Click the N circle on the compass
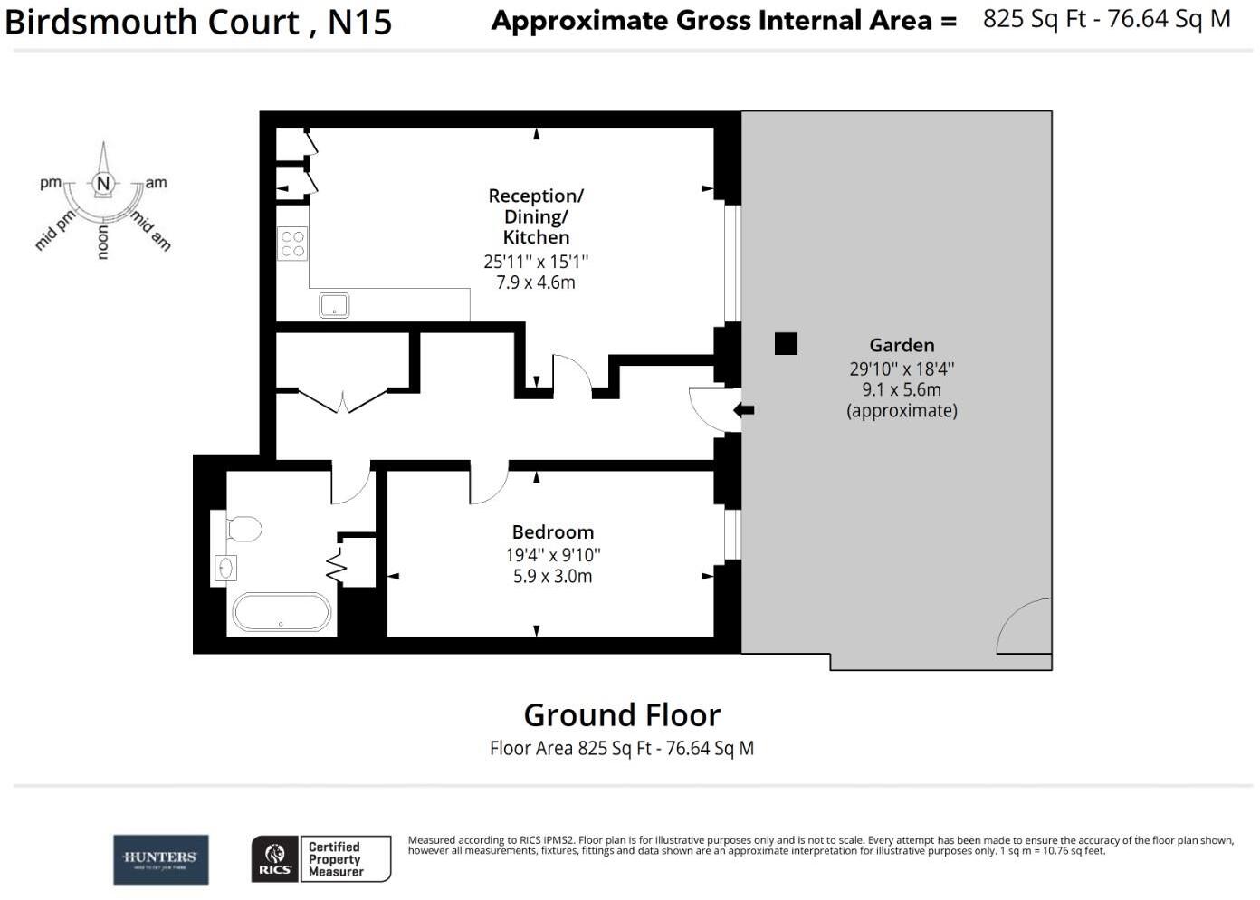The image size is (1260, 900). point(103,184)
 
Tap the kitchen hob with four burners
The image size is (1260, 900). point(292,244)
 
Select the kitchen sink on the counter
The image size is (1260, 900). point(334,305)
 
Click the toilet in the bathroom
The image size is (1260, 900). point(242,528)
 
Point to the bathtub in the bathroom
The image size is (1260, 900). point(282,613)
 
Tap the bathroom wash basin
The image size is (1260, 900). point(224,568)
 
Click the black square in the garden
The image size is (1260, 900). point(786,343)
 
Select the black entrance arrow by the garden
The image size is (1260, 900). point(743,410)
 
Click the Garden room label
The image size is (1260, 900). point(902,345)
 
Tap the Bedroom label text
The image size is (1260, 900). point(552,531)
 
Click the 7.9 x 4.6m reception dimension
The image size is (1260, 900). point(536,282)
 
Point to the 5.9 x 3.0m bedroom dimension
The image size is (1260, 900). point(552,577)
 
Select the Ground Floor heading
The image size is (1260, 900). point(622,715)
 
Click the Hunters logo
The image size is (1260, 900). point(160,859)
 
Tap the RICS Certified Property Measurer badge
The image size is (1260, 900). point(320,858)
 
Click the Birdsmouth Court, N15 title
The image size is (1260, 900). point(198,22)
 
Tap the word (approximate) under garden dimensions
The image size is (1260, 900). point(902,411)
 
